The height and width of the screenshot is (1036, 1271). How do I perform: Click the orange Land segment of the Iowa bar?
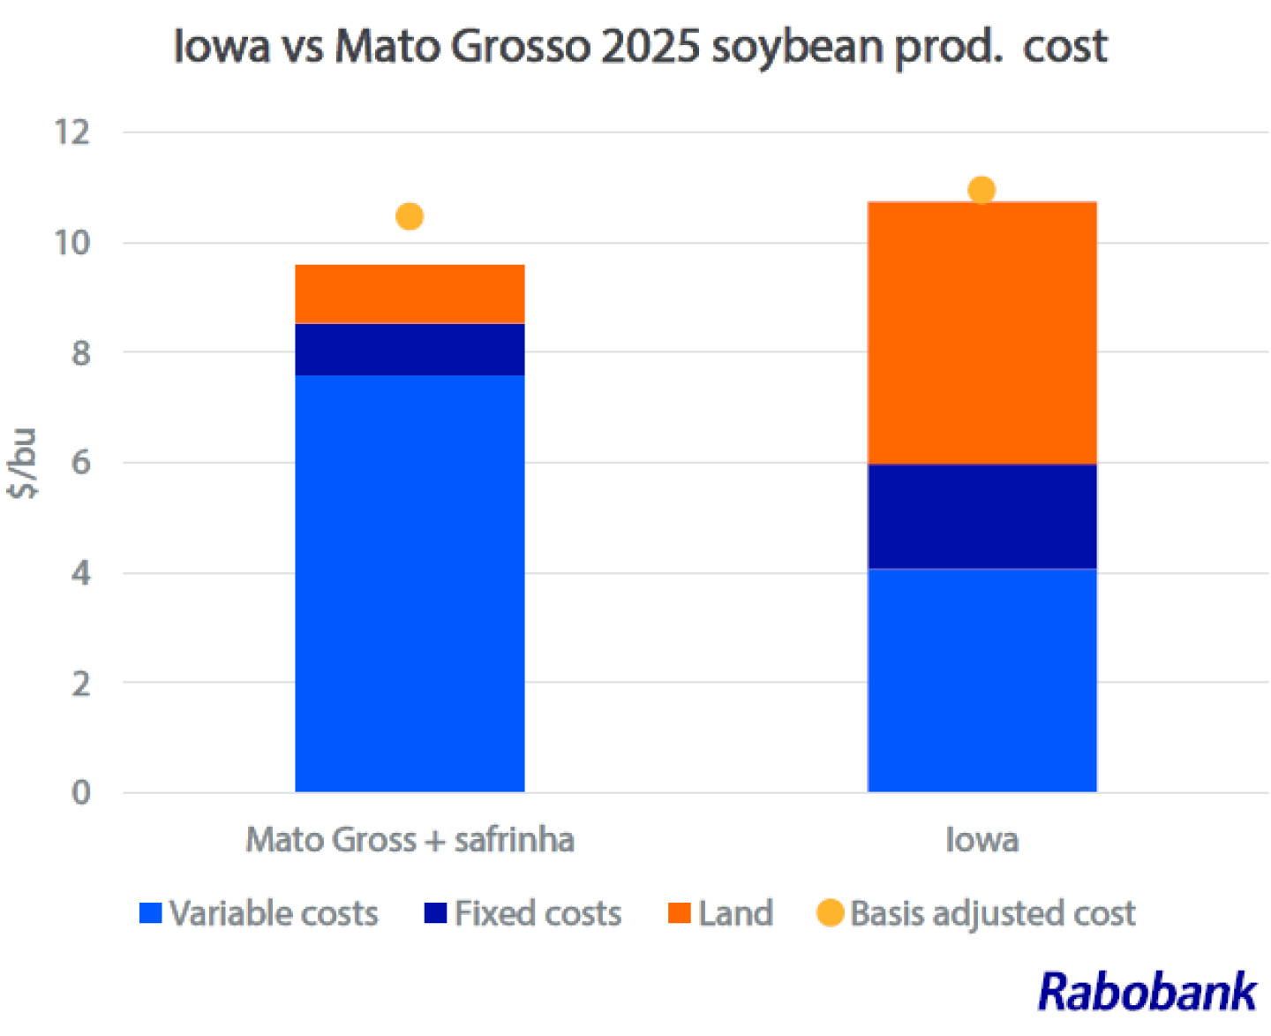pyautogui.click(x=981, y=333)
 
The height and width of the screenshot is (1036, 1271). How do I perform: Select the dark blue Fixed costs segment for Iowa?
pyautogui.click(x=981, y=516)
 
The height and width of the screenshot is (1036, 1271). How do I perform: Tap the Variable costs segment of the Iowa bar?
pyautogui.click(x=981, y=680)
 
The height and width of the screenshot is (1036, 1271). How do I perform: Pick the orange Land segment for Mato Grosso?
pyautogui.click(x=410, y=294)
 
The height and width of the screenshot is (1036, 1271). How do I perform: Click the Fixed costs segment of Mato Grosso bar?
pyautogui.click(x=410, y=350)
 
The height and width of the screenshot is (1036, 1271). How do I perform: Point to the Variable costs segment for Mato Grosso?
pyautogui.click(x=410, y=583)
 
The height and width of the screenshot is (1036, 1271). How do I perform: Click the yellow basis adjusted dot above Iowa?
pyautogui.click(x=981, y=190)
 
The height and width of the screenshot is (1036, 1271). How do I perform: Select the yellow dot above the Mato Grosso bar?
pyautogui.click(x=410, y=216)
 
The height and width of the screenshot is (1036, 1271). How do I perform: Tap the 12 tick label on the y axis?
pyautogui.click(x=72, y=132)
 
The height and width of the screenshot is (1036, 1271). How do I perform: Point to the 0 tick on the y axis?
pyautogui.click(x=80, y=792)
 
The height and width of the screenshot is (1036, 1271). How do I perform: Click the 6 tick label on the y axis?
pyautogui.click(x=80, y=462)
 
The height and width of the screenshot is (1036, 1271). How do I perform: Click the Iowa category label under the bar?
pyautogui.click(x=981, y=839)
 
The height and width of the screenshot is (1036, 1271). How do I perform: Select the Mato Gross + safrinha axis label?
pyautogui.click(x=410, y=839)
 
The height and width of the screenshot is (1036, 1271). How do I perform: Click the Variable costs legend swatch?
pyautogui.click(x=151, y=912)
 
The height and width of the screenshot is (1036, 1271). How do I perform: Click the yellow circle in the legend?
pyautogui.click(x=831, y=912)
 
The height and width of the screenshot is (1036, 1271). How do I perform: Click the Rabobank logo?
pyautogui.click(x=1147, y=991)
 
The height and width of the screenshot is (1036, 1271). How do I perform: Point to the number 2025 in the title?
pyautogui.click(x=651, y=46)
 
